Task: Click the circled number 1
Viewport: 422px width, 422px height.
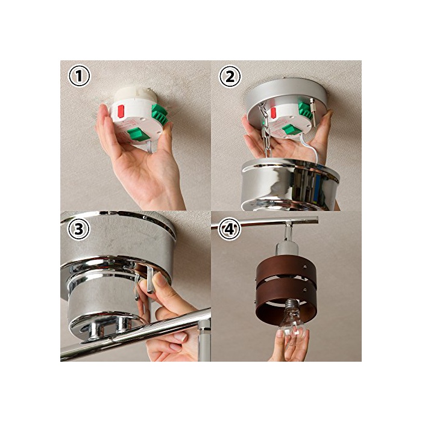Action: [80, 76]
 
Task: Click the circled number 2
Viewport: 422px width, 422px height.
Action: [230, 76]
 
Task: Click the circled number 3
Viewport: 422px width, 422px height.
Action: [78, 230]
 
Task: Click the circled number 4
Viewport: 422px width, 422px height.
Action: [229, 229]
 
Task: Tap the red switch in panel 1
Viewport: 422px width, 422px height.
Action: [121, 112]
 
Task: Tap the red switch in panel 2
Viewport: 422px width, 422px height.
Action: [274, 113]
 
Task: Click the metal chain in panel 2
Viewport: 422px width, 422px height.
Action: [265, 129]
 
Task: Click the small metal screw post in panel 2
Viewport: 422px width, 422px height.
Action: [313, 112]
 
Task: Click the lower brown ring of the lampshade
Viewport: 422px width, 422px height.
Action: [286, 303]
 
